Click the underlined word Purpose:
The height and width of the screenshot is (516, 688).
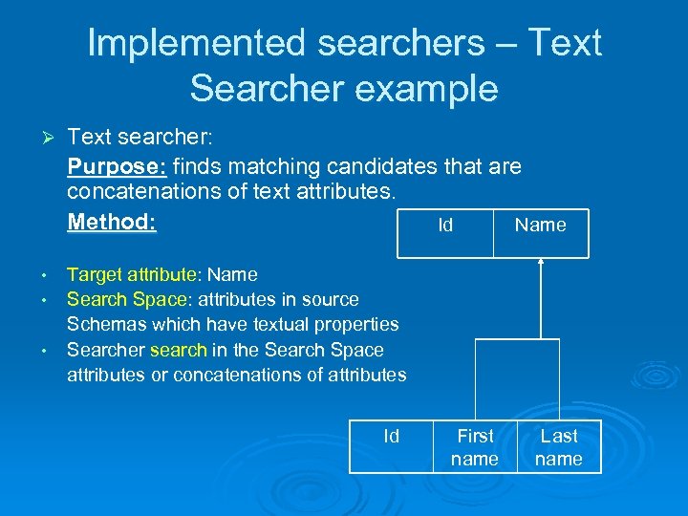click(117, 166)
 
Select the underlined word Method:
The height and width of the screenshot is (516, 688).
click(112, 222)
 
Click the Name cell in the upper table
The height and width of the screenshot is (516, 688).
click(540, 226)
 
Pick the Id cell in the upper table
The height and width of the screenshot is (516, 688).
click(445, 226)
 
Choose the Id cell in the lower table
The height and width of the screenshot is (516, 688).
click(391, 437)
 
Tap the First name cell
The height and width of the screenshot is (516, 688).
click(475, 447)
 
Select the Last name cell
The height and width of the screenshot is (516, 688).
click(559, 447)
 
